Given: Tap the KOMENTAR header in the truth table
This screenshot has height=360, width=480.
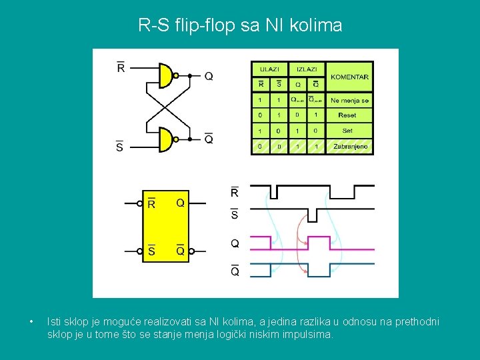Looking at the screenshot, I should [x=349, y=77].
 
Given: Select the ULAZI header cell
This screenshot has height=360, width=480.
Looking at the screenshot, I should [x=269, y=68].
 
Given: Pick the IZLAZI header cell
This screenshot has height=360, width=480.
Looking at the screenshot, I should [x=307, y=68].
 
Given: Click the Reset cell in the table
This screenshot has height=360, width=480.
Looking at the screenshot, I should [x=347, y=115].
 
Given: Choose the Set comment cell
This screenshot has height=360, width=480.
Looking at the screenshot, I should [x=347, y=131].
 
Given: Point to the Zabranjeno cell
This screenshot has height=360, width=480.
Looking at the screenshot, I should [x=350, y=146].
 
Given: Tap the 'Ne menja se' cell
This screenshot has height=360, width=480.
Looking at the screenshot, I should [x=349, y=100].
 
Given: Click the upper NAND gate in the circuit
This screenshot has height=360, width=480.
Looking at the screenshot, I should [x=165, y=76].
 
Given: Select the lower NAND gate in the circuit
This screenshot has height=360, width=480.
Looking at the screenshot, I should [x=165, y=139].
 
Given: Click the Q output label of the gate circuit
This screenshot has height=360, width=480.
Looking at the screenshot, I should [x=209, y=76].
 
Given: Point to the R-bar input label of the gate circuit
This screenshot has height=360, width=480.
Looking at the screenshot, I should [x=121, y=67].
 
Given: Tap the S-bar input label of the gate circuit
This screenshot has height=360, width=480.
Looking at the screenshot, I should [x=119, y=146].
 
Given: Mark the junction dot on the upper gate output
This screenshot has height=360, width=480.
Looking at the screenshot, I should [x=190, y=76].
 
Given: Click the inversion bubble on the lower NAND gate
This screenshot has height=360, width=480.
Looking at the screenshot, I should [x=176, y=139].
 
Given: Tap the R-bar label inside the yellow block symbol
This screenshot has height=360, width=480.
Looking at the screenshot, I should [x=151, y=203].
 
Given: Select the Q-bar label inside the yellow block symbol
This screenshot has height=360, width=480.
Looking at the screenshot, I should [x=180, y=251].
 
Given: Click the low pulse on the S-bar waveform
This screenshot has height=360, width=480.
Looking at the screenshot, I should [x=313, y=215].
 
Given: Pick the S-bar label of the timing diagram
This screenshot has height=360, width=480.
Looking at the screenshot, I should [x=235, y=214].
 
